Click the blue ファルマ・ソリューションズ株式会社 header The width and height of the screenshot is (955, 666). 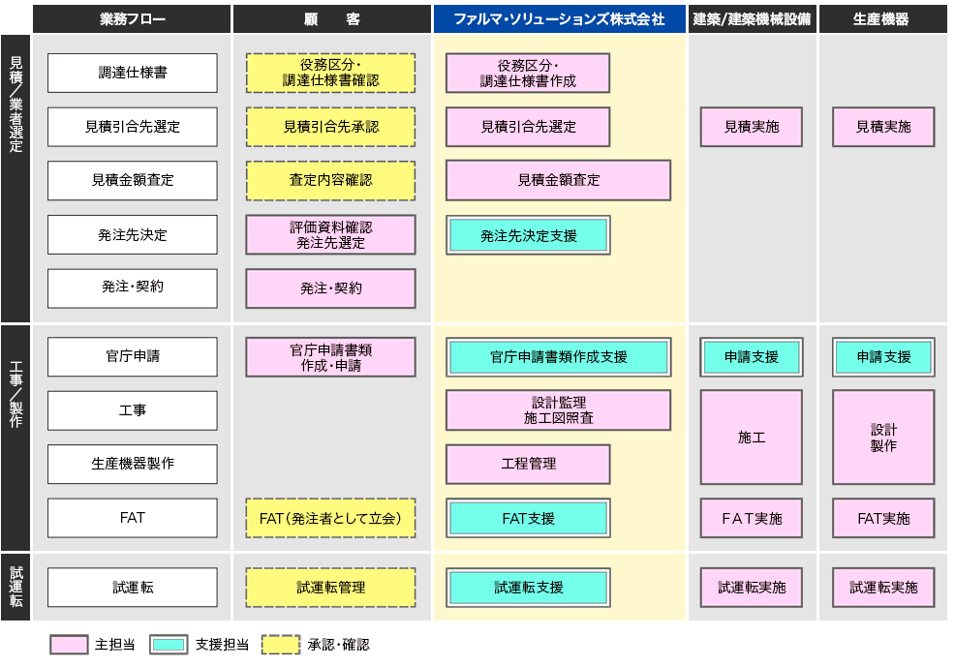560,18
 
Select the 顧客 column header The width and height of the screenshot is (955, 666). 332,18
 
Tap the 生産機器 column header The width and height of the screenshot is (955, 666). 882,18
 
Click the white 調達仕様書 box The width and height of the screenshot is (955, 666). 132,73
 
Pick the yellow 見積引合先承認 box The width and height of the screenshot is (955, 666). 330,127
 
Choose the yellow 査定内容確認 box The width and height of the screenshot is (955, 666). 330,180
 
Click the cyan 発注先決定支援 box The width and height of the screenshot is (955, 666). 528,235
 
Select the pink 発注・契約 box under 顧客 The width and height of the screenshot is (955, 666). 330,288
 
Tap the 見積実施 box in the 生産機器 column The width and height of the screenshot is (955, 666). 883,127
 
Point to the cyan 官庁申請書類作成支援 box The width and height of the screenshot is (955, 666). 559,357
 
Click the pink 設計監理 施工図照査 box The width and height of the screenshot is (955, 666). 559,410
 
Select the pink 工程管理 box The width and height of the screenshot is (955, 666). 528,464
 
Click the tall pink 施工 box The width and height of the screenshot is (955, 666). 751,438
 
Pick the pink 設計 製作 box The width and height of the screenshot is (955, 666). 883,438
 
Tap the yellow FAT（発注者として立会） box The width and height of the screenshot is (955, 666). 330,518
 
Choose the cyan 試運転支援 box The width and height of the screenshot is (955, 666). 528,588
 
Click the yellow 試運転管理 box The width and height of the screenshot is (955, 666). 330,588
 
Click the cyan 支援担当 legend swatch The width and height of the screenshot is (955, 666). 169,645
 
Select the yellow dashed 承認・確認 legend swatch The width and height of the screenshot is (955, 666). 281,645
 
